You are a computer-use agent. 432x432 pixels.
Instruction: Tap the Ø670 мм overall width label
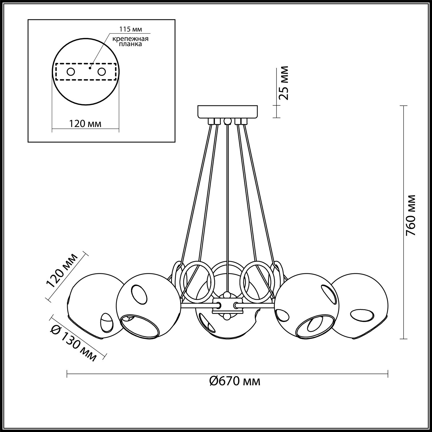click(x=235, y=381)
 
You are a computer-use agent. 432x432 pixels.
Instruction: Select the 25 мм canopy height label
click(x=284, y=83)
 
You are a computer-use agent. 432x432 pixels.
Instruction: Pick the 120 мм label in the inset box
click(x=85, y=124)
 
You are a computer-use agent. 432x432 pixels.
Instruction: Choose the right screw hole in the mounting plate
click(x=102, y=72)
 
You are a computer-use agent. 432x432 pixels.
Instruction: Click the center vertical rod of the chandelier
click(x=228, y=202)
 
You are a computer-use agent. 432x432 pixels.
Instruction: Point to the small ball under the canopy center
click(x=228, y=121)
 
